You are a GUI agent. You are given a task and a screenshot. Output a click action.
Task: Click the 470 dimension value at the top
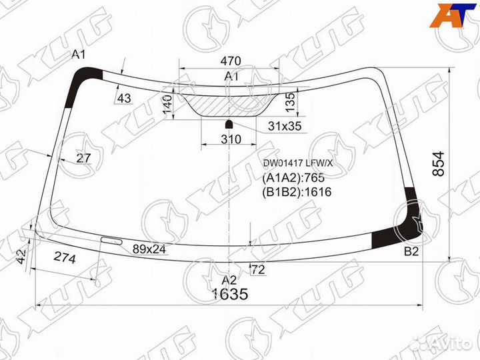coord(231,61)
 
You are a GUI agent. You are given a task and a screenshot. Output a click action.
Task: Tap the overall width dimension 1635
coord(230,294)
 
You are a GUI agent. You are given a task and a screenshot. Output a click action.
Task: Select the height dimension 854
coord(438,163)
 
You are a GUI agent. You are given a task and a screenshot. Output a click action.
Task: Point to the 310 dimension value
coord(231,139)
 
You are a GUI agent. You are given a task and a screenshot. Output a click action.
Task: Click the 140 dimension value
coord(167,104)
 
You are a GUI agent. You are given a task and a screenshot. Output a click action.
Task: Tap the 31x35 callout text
coord(285,126)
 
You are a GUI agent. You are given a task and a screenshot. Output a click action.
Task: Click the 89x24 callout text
coord(149,249)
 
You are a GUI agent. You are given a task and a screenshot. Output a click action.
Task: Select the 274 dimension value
coord(64,258)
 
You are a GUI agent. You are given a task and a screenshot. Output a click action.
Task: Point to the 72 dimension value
coord(258,270)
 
